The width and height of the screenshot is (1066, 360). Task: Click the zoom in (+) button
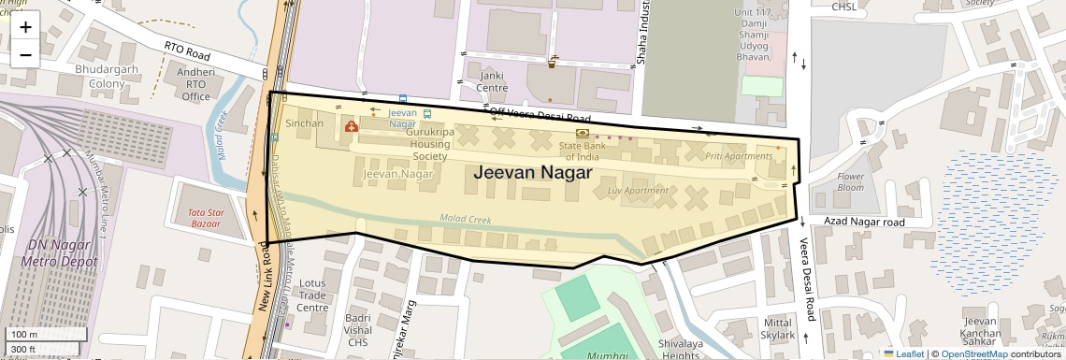(25, 27)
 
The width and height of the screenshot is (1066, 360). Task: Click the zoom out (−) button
(25, 55)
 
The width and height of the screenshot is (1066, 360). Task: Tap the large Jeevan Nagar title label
(532, 173)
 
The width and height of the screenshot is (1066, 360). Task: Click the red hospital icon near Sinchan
(352, 126)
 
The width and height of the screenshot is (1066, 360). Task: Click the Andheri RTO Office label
(195, 84)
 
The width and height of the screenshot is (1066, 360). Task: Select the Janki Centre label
(492, 81)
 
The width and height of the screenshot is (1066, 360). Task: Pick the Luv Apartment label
(638, 191)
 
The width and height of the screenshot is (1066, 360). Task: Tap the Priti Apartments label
(739, 156)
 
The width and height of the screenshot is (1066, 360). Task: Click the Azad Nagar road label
(865, 223)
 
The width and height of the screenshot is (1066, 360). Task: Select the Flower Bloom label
(851, 182)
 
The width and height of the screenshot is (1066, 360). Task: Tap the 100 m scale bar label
(23, 335)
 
